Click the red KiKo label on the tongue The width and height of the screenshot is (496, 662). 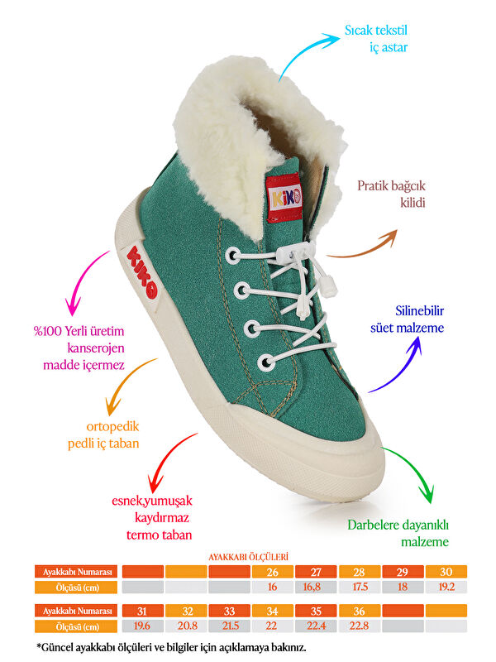coord(284,198)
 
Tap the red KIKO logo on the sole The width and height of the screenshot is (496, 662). coord(142,272)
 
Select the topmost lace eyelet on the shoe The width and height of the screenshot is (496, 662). coord(233,256)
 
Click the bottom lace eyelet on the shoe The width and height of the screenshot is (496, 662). coord(265,362)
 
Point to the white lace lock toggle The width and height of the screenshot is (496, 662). coord(293,252)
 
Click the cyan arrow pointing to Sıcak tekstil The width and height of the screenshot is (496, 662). coord(308,54)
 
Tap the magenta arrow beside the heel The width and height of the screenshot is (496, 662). coord(83,283)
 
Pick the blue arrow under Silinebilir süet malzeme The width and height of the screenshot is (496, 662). coord(398,366)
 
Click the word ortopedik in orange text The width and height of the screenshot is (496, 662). coord(112,426)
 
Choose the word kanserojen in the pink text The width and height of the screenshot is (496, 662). coord(96,348)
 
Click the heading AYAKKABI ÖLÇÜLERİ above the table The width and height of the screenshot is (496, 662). coord(248,557)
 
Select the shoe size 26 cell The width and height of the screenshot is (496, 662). coord(273,572)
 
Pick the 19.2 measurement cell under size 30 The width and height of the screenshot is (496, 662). coord(446,587)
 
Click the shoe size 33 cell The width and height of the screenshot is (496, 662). coord(229,611)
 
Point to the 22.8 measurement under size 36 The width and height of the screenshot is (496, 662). coord(359,626)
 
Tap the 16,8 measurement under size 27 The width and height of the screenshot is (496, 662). coord(316,587)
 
